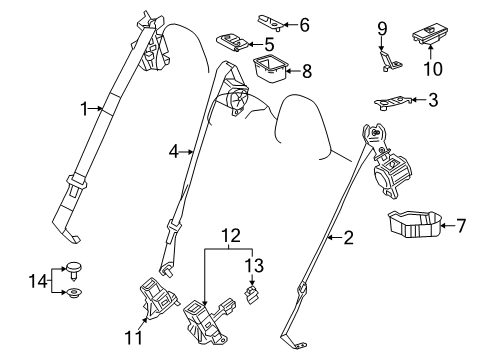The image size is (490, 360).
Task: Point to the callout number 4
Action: pyautogui.click(x=172, y=152)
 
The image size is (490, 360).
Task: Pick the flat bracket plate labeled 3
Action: pyautogui.click(x=395, y=101)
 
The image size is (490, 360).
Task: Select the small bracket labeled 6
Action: pyautogui.click(x=243, y=19)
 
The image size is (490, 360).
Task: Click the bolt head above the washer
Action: pyautogui.click(x=73, y=266)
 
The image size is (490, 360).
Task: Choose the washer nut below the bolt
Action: pyautogui.click(x=73, y=293)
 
